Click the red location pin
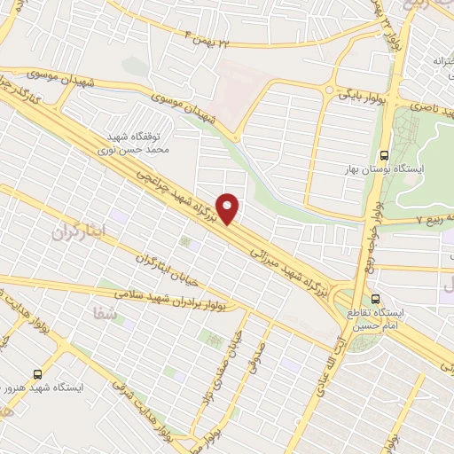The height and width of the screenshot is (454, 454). point(229,208)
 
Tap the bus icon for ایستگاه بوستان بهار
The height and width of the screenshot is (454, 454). point(383,153)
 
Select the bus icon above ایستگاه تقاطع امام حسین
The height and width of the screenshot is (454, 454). point(377,298)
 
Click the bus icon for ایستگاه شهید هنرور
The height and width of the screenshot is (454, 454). point(36,374)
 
